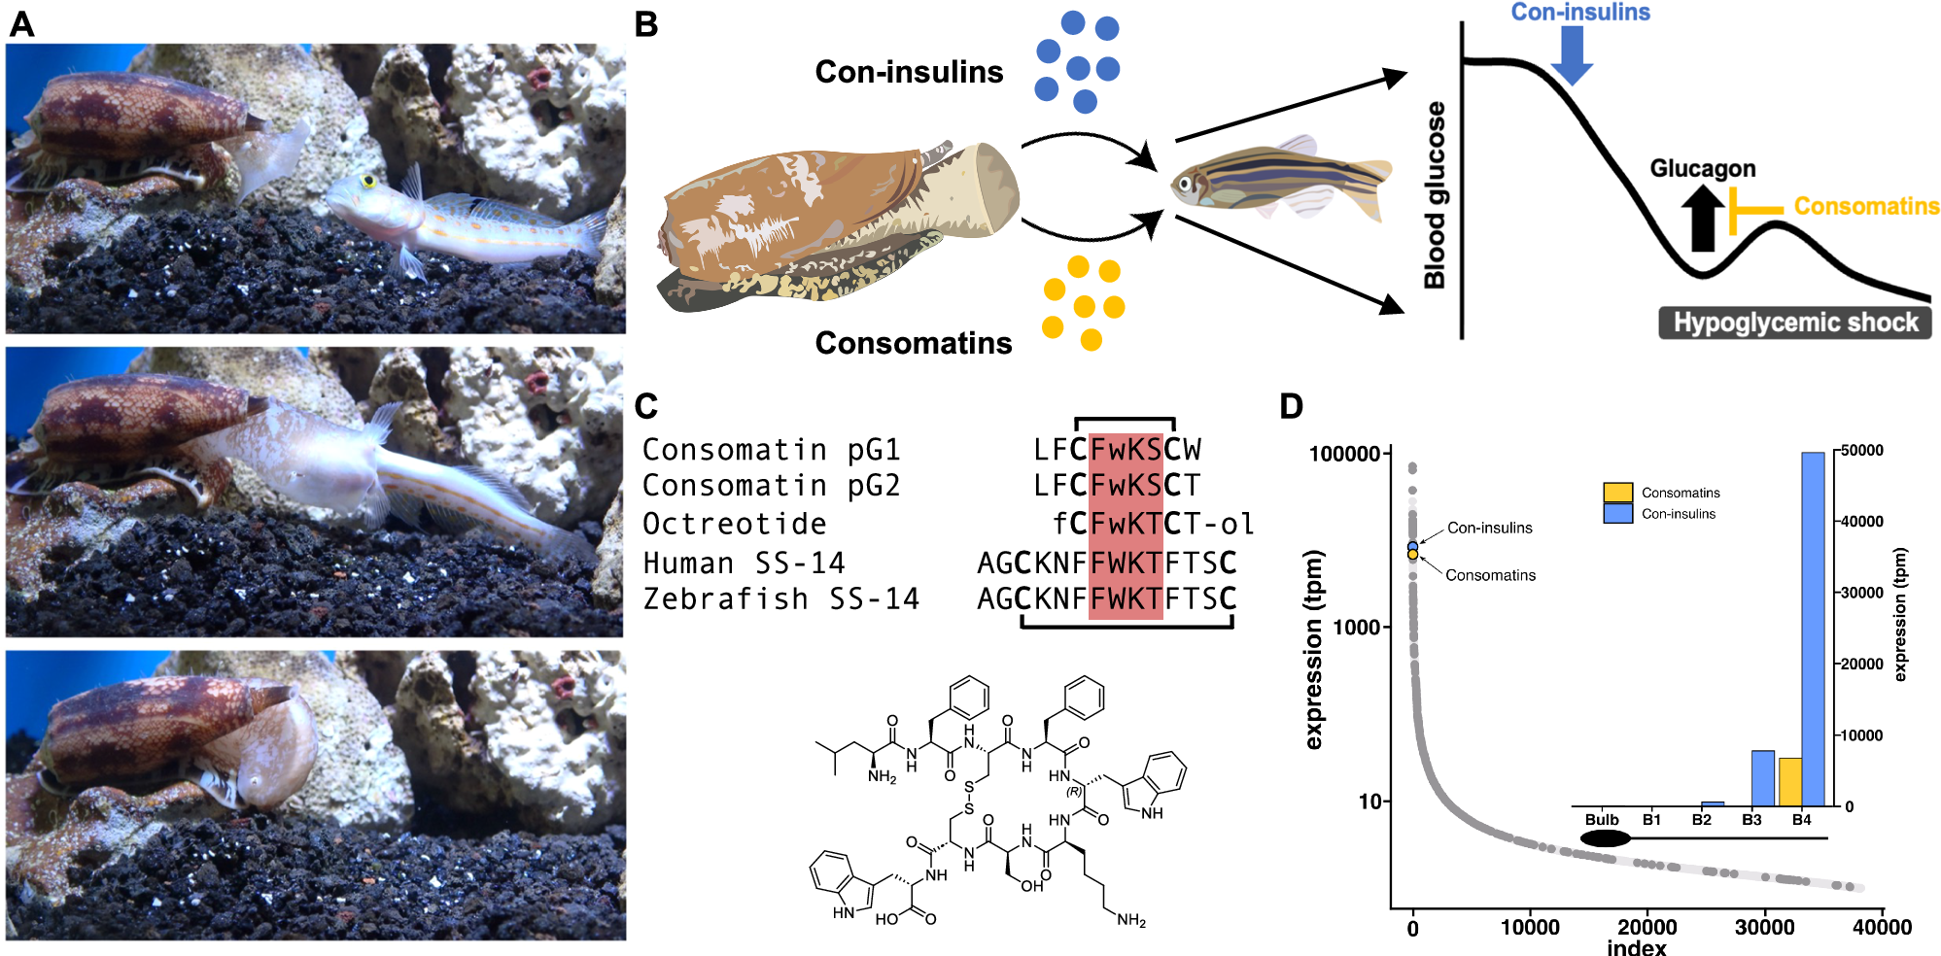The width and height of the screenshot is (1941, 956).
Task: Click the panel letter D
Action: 1291,406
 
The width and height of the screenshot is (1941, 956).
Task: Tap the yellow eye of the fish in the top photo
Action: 368,181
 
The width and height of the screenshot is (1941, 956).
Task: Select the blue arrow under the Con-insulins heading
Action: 1571,54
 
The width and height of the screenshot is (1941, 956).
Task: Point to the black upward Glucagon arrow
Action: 1702,218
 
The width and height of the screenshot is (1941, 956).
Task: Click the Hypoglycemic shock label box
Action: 1794,323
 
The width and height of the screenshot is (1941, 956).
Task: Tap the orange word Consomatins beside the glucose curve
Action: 1865,206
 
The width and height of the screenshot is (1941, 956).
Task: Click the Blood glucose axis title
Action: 1435,194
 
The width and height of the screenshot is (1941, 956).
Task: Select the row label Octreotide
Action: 734,524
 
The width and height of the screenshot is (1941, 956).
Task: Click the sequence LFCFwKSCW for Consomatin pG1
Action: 1117,450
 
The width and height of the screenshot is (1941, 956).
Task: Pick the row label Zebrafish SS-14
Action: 780,599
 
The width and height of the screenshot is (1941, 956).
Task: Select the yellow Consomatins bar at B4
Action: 1789,782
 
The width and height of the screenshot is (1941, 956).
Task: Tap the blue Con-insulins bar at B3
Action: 1762,778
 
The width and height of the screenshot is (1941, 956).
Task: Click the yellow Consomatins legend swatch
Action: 1617,492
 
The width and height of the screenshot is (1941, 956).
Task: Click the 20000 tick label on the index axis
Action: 1646,927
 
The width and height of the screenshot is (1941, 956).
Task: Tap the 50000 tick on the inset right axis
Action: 1861,451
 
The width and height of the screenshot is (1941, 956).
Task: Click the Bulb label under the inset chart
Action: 1601,820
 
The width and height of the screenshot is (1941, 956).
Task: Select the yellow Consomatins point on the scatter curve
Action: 1413,555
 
